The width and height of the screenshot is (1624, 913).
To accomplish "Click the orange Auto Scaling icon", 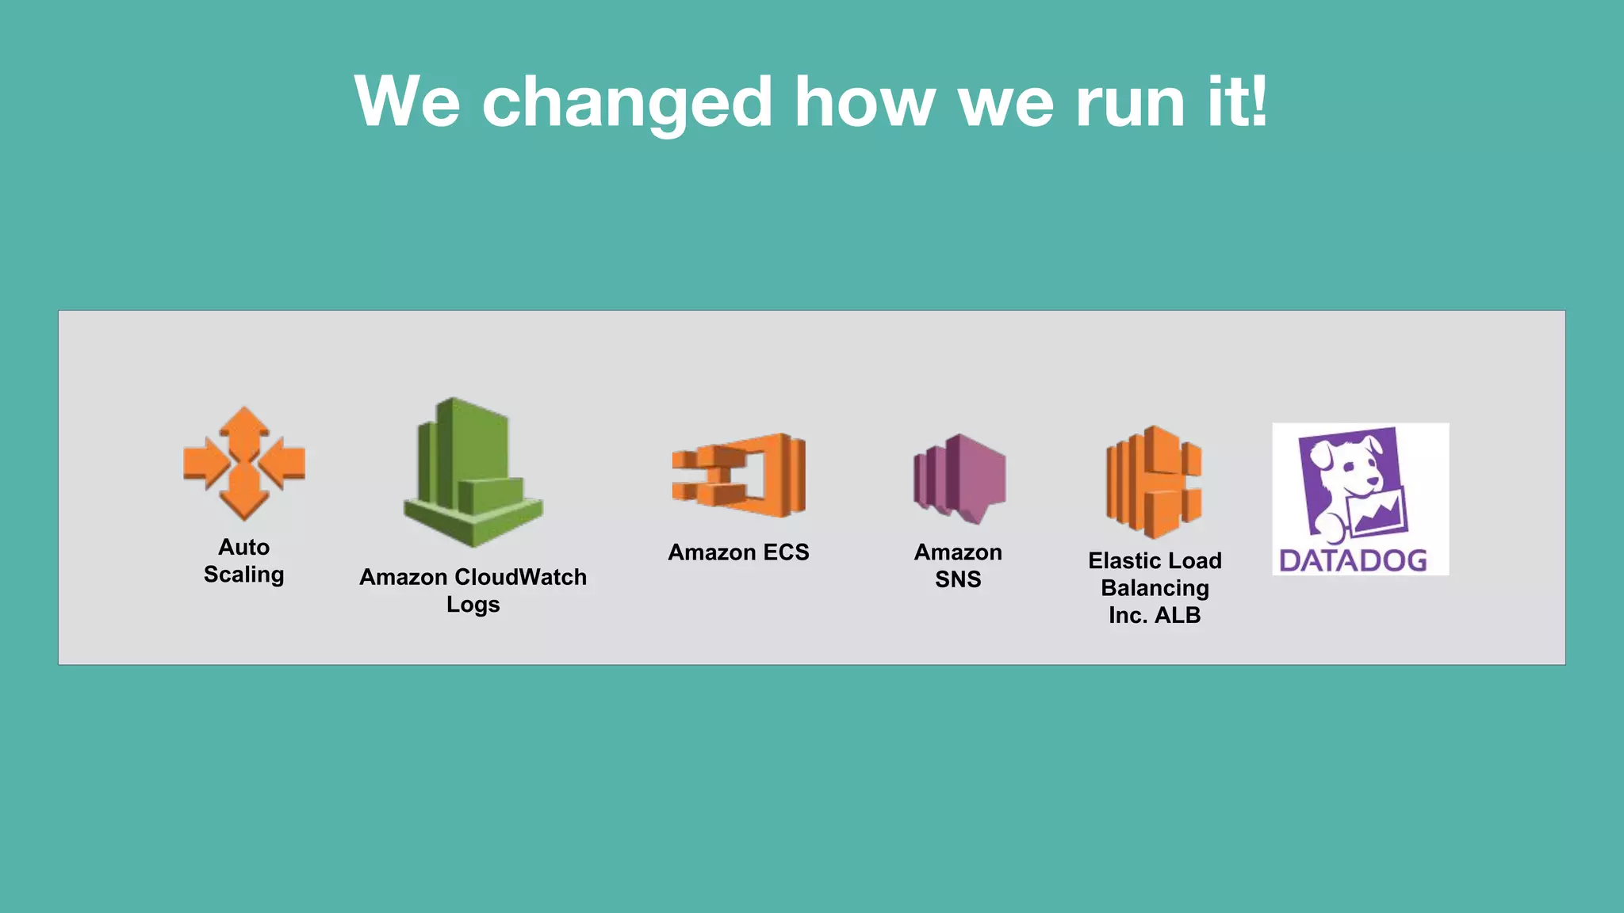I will [x=244, y=464].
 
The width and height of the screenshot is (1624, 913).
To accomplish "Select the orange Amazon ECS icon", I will [x=739, y=475].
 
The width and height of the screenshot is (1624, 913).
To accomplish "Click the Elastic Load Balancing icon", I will [x=1154, y=482].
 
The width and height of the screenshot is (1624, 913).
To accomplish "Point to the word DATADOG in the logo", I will [x=1353, y=560].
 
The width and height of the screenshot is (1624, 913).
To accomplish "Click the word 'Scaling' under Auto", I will [x=243, y=575].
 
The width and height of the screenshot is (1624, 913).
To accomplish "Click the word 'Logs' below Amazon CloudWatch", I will [x=473, y=605].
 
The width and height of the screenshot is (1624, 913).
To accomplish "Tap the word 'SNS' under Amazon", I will [x=958, y=579].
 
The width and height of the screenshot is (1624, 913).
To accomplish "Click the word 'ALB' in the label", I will [x=1177, y=615].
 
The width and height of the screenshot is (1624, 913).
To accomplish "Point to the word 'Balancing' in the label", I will [x=1155, y=588].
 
